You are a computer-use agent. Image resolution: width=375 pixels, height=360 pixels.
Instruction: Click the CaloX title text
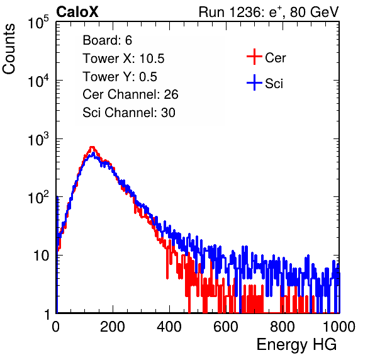[x=77, y=12]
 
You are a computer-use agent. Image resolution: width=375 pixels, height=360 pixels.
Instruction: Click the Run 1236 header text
[x=269, y=12]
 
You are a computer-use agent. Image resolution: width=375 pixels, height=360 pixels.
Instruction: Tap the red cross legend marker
[x=254, y=57]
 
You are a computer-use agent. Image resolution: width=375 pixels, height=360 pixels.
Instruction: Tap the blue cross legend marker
[x=254, y=82]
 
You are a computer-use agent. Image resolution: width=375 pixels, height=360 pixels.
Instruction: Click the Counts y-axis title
[x=9, y=49]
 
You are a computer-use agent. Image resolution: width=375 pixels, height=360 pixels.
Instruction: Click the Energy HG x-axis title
[x=296, y=345]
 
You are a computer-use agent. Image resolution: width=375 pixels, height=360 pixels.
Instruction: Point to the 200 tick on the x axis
[x=113, y=327]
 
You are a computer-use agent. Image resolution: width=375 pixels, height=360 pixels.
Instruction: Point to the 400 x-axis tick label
[x=169, y=327]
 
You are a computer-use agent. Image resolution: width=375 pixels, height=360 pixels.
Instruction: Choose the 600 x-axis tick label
[x=226, y=327]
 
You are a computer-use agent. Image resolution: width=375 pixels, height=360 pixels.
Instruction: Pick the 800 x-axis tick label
[x=283, y=327]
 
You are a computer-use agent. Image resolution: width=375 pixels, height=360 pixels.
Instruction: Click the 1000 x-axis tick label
[x=339, y=327]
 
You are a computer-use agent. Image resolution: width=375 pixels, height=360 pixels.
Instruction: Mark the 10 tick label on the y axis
[x=41, y=256]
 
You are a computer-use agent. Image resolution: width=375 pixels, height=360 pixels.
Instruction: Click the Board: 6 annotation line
[x=107, y=40]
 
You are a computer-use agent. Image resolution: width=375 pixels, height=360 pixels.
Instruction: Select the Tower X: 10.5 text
[x=123, y=59]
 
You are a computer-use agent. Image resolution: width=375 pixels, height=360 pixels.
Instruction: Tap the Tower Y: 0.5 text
[x=120, y=77]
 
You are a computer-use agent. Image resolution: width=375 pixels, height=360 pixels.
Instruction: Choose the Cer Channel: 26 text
[x=130, y=94]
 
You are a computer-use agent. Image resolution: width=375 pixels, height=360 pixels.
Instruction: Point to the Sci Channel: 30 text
[x=129, y=113]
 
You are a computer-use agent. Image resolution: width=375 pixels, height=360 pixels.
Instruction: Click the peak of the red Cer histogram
[x=92, y=147]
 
